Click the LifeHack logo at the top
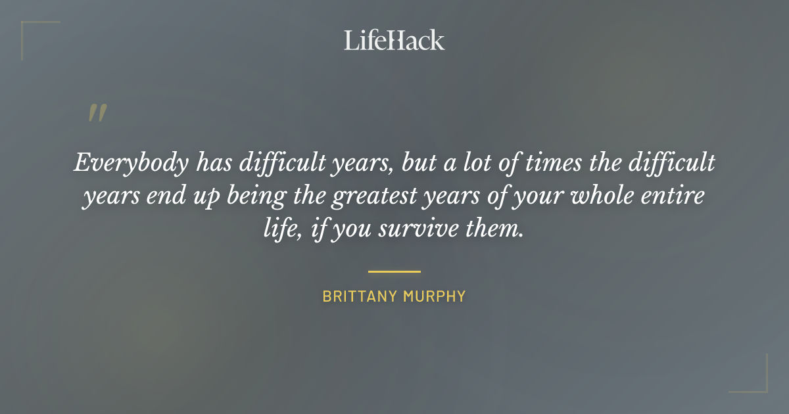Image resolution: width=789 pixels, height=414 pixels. (394, 40)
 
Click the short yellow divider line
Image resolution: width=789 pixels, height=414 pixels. (394, 271)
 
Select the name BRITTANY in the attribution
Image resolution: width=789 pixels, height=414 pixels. (357, 296)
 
